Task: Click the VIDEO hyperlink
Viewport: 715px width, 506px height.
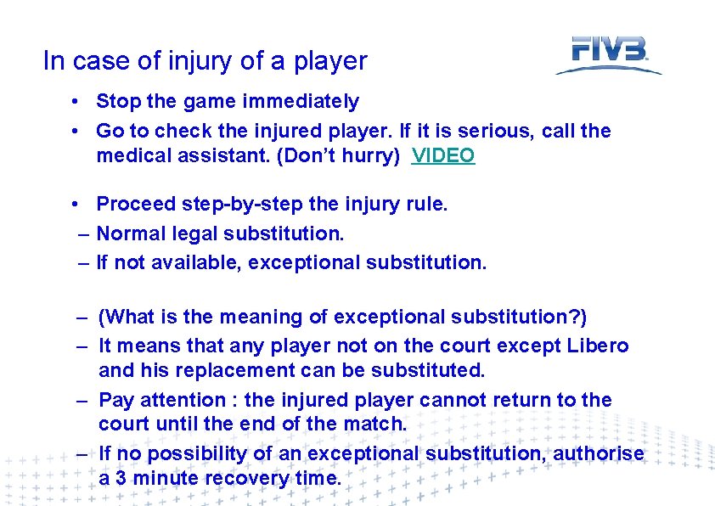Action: pos(443,156)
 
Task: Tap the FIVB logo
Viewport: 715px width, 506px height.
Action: pos(609,53)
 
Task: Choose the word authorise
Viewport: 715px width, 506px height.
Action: pos(599,454)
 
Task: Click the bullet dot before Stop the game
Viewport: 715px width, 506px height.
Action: pos(76,102)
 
